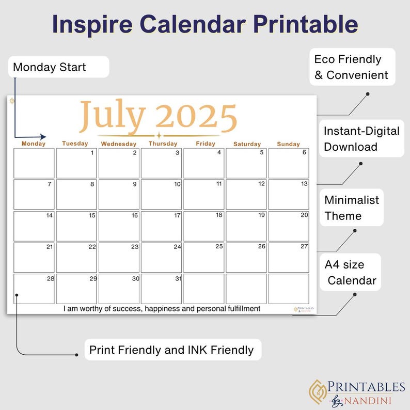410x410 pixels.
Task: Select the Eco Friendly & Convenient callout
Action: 351,67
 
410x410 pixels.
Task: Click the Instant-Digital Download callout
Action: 361,138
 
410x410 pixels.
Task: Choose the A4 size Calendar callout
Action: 351,273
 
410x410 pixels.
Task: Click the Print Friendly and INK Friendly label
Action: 171,350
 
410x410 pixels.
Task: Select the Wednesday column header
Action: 119,144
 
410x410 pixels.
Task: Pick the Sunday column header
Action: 288,144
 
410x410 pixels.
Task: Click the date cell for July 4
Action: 203,163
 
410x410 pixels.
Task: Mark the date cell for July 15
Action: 76,226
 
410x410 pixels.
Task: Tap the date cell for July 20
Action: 289,226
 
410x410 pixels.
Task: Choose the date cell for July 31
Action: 161,289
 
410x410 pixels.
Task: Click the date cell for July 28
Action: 34,289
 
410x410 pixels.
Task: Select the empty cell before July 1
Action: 34,163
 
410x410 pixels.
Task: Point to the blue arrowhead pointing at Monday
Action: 43,137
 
